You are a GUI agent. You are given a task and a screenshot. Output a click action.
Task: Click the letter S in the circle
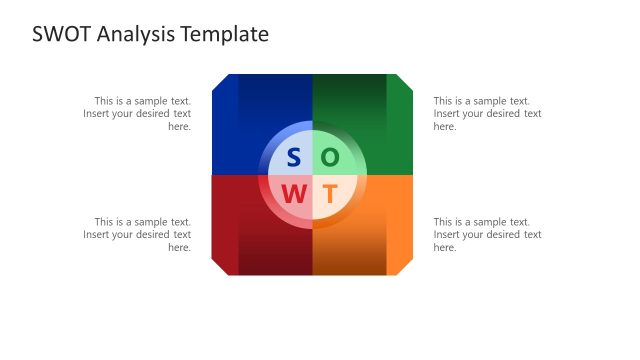[294, 158]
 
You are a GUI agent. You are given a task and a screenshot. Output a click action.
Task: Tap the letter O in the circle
[330, 158]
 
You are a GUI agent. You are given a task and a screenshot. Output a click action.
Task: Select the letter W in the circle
[294, 194]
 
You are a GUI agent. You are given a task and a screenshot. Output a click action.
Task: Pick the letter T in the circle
[330, 194]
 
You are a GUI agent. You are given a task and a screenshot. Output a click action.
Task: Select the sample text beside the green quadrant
[487, 113]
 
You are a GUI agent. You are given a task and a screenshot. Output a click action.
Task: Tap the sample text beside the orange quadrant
[487, 234]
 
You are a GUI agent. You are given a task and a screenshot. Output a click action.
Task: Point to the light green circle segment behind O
[346, 146]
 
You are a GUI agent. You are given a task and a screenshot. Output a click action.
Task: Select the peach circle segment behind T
[346, 206]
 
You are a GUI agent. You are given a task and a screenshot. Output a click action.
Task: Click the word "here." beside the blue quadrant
[179, 127]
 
